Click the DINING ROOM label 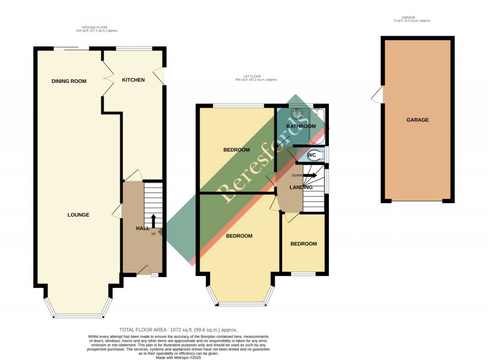tap(69, 81)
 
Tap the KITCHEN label tap(133, 80)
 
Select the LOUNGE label tap(78, 215)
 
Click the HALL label tap(142, 229)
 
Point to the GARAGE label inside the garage tap(417, 120)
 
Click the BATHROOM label tap(301, 126)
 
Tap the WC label tap(312, 155)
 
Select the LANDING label tap(301, 187)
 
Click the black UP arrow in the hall tap(153, 221)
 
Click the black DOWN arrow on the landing tap(310, 175)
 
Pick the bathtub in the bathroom tap(317, 125)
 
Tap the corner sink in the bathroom tap(297, 114)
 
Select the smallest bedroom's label tap(304, 244)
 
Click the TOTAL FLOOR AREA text tap(178, 330)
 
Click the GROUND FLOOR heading tap(97, 29)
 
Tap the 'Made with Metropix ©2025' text tap(178, 357)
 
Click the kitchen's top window tap(134, 48)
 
